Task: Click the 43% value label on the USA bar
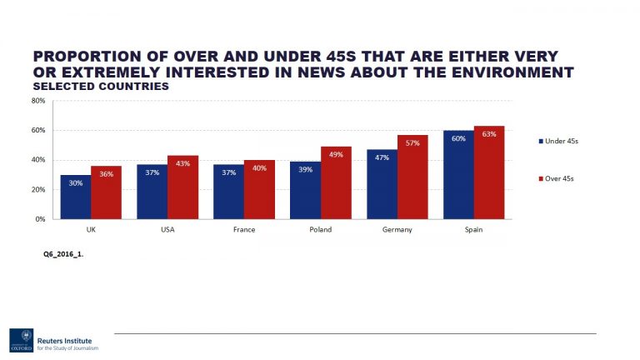182,163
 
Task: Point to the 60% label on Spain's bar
458,138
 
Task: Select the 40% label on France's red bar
259,168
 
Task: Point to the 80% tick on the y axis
38,101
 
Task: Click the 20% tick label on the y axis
38,190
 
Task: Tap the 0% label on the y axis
40,219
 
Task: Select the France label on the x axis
243,229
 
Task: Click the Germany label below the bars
397,229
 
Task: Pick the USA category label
167,229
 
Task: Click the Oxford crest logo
22,339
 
